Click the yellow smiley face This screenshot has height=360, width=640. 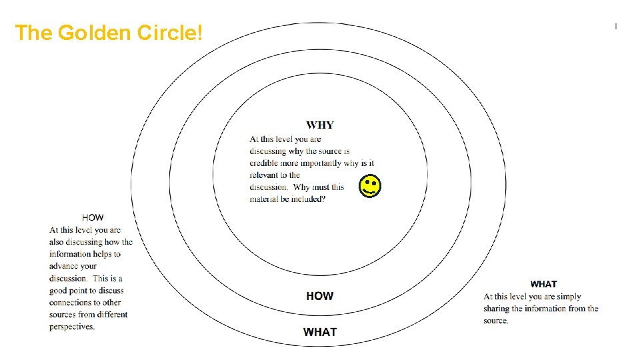[371, 187]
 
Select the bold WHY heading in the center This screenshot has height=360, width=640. [320, 125]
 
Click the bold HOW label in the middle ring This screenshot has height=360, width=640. [320, 296]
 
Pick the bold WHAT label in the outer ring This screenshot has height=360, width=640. [320, 332]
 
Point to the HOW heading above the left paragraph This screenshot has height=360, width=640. [93, 217]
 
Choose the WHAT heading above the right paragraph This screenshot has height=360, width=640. [543, 284]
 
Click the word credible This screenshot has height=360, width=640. [265, 163]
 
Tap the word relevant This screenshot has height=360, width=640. [264, 175]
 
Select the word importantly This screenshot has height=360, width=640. [321, 163]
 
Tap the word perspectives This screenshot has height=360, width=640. [72, 327]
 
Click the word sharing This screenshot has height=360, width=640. [497, 309]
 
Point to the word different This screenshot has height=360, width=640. [111, 315]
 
